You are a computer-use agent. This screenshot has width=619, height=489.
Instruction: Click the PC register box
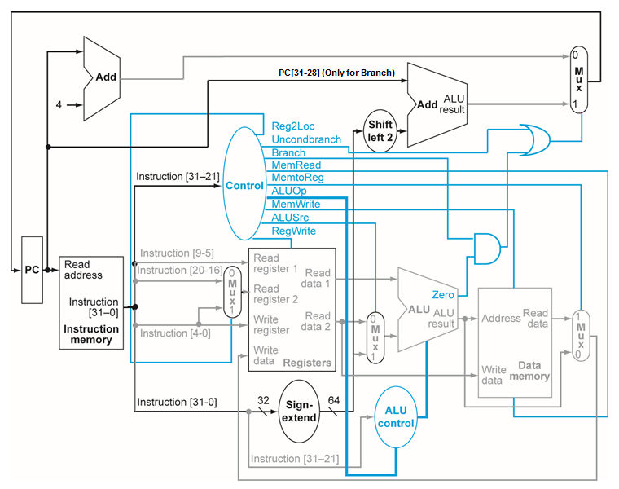pos(31,268)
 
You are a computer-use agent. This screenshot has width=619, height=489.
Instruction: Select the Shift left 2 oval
pos(380,130)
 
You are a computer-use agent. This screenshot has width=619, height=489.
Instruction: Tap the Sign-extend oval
pos(299,411)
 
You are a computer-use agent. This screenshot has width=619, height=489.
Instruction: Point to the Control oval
pos(244,185)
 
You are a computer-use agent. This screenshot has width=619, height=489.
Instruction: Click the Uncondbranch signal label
pos(306,139)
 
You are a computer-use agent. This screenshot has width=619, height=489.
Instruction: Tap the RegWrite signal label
pos(294,231)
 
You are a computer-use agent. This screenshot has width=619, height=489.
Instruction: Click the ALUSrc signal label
pos(291,218)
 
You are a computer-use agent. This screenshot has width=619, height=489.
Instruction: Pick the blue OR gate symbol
pos(530,140)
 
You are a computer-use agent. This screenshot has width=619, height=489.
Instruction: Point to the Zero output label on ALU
pos(443,294)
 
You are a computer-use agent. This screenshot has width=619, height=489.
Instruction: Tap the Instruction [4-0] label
pos(174,333)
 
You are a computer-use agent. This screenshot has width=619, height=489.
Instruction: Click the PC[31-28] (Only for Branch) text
pos(336,73)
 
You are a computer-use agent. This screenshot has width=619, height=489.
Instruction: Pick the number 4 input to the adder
pos(58,104)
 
